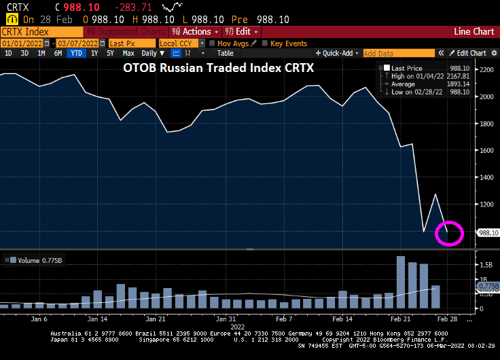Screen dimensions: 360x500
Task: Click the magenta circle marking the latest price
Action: click(x=450, y=234)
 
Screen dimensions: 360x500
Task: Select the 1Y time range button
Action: click(x=94, y=53)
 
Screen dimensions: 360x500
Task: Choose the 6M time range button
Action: click(x=58, y=53)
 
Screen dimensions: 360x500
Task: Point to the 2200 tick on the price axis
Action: click(x=486, y=70)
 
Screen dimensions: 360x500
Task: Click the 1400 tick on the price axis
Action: click(x=486, y=177)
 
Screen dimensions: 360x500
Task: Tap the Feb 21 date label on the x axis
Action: click(x=397, y=319)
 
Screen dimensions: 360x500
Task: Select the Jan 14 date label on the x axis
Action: click(x=97, y=319)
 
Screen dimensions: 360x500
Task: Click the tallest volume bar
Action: click(x=401, y=282)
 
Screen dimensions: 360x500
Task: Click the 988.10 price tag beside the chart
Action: click(x=488, y=232)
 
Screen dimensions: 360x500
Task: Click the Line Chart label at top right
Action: click(x=474, y=32)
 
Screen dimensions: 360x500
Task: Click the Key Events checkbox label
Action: click(x=289, y=43)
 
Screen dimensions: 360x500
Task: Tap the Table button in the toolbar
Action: click(x=225, y=53)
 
